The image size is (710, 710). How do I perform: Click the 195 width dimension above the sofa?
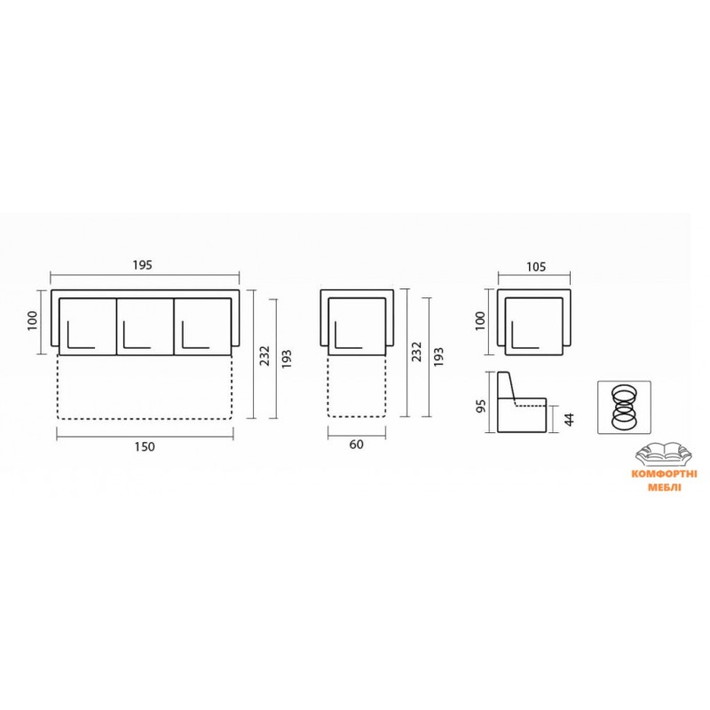pyautogui.click(x=143, y=265)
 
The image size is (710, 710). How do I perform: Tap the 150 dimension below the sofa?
pyautogui.click(x=145, y=447)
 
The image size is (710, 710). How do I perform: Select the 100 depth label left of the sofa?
pyautogui.click(x=32, y=321)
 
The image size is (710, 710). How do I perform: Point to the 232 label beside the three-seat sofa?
pyautogui.click(x=264, y=356)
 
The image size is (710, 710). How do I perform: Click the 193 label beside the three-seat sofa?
pyautogui.click(x=287, y=359)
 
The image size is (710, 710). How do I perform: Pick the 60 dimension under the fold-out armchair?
pyautogui.click(x=357, y=445)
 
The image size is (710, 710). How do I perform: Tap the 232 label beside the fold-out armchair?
pyautogui.click(x=417, y=351)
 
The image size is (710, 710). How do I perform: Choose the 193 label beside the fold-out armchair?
pyautogui.click(x=438, y=358)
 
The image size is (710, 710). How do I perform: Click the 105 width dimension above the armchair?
pyautogui.click(x=536, y=267)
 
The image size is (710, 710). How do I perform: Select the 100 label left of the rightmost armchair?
pyautogui.click(x=480, y=321)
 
